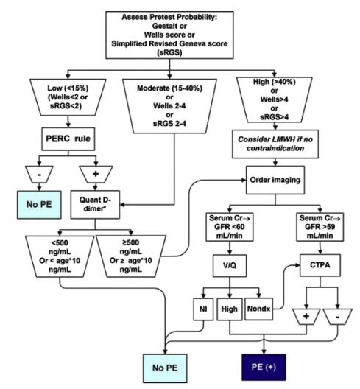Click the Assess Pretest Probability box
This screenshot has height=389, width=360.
(169, 35)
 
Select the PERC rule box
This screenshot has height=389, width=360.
(68, 139)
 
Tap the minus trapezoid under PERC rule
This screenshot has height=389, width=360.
(39, 175)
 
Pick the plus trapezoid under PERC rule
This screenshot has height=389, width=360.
(96, 174)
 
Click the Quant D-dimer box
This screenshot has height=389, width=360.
(95, 204)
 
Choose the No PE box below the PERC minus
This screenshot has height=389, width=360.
(39, 205)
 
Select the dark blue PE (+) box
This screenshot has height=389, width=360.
(264, 367)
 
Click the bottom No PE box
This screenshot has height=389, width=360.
(165, 368)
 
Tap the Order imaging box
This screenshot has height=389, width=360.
(275, 180)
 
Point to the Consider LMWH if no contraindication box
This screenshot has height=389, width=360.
(275, 144)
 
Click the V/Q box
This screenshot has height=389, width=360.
(230, 266)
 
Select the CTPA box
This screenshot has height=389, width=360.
(320, 265)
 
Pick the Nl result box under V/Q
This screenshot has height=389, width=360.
(203, 309)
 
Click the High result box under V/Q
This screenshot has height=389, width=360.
(230, 309)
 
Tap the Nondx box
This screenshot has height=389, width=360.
(258, 309)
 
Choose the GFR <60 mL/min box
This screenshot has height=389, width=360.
(230, 227)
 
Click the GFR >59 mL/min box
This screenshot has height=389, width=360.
(320, 227)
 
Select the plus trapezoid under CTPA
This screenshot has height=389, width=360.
(306, 317)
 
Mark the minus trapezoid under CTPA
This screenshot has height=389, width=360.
(338, 317)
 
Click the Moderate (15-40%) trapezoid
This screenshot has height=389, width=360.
(169, 106)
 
